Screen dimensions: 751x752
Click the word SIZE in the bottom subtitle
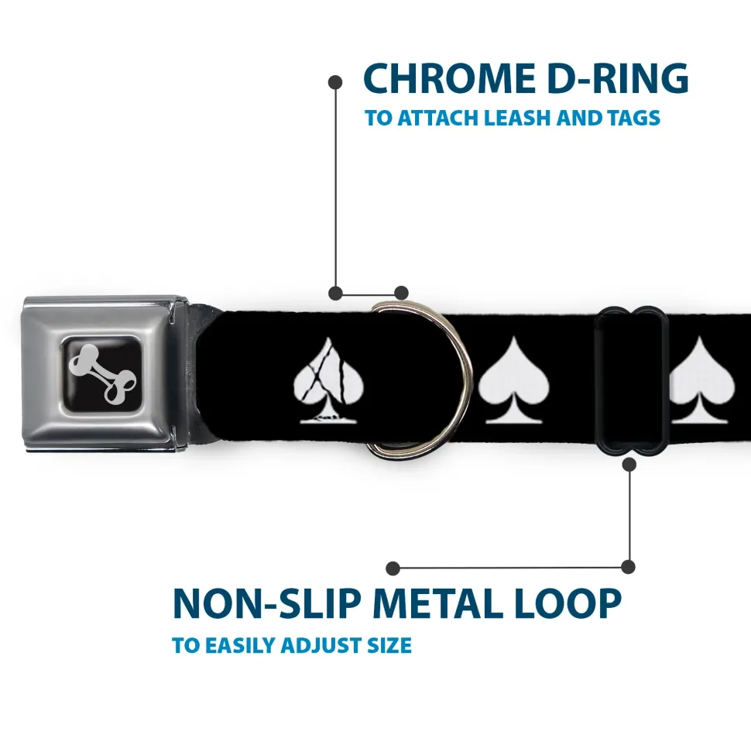[x=389, y=645]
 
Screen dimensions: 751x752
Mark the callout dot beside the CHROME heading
[x=335, y=82]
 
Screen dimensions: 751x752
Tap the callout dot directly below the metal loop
[x=629, y=464]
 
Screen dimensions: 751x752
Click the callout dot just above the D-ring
[x=401, y=293]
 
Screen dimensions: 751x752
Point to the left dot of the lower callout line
[x=393, y=568]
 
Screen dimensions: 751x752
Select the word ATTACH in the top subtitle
[x=438, y=118]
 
